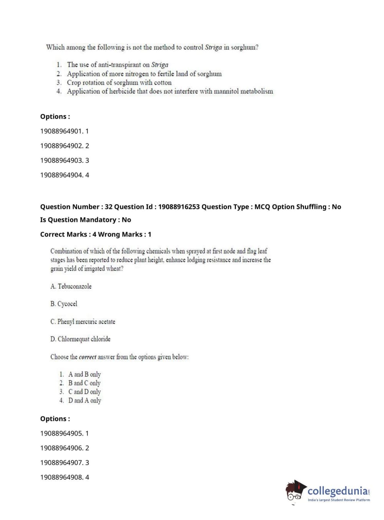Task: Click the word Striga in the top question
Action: tap(213, 48)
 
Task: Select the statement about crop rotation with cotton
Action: tap(119, 82)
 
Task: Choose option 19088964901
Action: tap(64, 131)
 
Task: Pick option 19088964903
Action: tap(64, 160)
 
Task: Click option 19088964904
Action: tap(64, 175)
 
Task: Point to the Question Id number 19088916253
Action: tap(179, 207)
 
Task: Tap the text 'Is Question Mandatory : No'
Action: tap(86, 220)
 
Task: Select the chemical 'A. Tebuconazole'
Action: tap(71, 286)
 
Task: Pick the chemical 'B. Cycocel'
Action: tap(64, 304)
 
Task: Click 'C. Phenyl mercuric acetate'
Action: tap(82, 322)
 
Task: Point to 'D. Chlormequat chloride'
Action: tap(80, 339)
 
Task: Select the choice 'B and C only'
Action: tap(84, 383)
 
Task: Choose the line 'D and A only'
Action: tap(84, 400)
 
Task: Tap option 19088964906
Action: tap(64, 448)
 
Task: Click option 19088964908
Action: tap(64, 477)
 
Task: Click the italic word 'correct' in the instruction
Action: tap(87, 357)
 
